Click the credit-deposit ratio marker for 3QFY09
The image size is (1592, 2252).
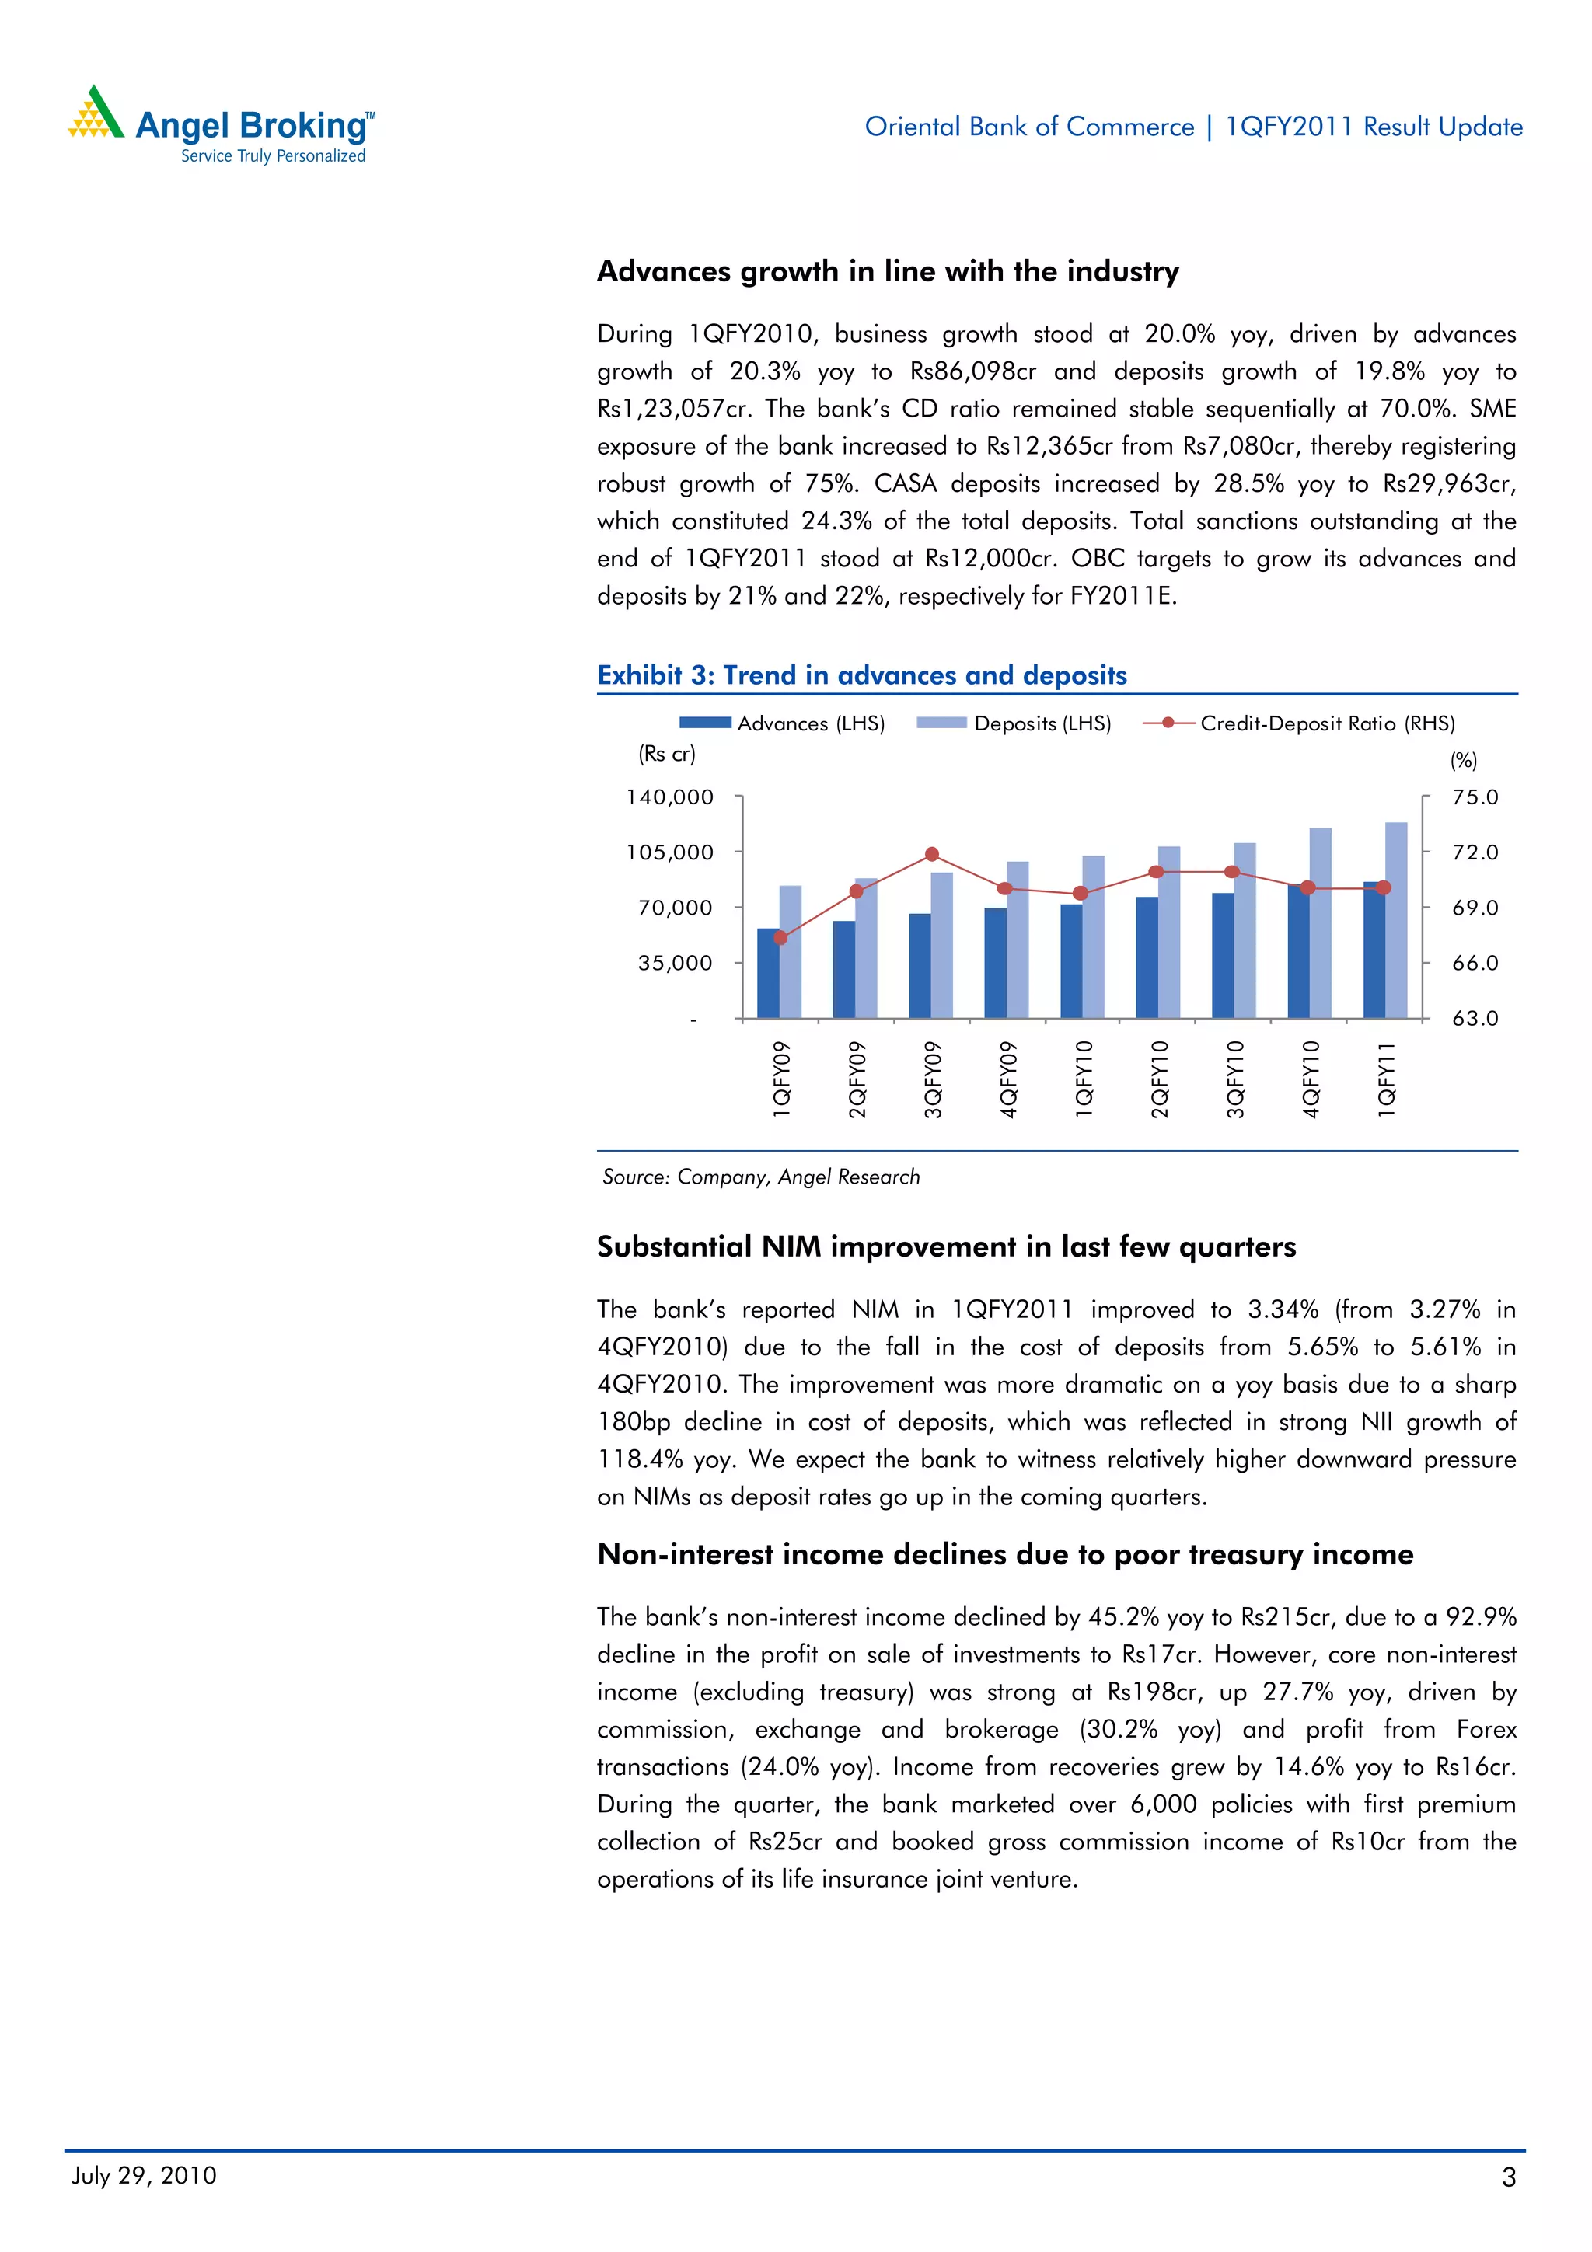[932, 854]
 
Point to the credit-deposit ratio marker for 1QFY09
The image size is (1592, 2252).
[780, 938]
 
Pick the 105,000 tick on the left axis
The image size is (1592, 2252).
[670, 852]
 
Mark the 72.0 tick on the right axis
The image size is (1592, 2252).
[1475, 852]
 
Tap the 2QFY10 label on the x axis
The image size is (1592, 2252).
[1160, 1079]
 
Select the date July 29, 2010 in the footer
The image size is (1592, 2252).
[144, 2176]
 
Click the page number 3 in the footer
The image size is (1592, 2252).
[1509, 2177]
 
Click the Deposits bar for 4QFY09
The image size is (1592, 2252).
[1018, 939]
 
